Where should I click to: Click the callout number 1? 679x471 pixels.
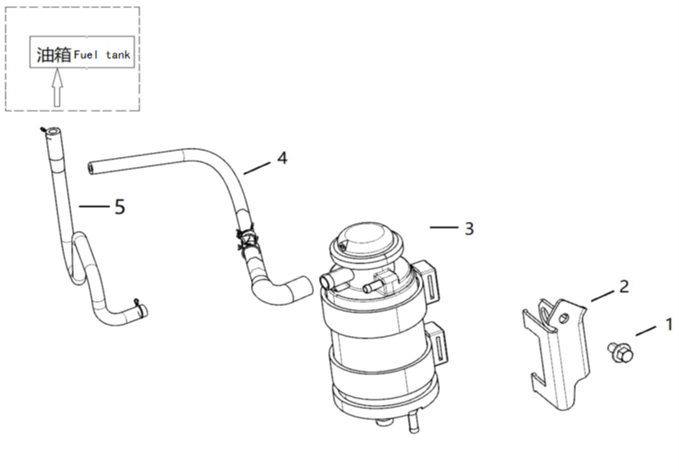click(669, 324)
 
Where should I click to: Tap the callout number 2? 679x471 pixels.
click(624, 286)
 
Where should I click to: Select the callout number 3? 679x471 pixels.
click(469, 229)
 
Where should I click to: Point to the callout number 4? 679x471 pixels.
click(283, 158)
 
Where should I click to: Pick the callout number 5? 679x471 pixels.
click(120, 207)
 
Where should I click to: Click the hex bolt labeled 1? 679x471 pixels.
click(620, 352)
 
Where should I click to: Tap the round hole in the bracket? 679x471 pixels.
click(563, 318)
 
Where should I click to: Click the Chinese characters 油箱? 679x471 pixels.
click(54, 55)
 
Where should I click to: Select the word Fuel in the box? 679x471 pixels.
click(86, 55)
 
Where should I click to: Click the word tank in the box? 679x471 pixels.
click(118, 55)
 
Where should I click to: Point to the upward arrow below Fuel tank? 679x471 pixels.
click(57, 88)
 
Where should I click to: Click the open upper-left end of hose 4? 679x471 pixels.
click(91, 168)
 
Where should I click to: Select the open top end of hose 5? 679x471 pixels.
click(53, 132)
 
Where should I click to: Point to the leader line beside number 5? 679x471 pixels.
click(94, 207)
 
